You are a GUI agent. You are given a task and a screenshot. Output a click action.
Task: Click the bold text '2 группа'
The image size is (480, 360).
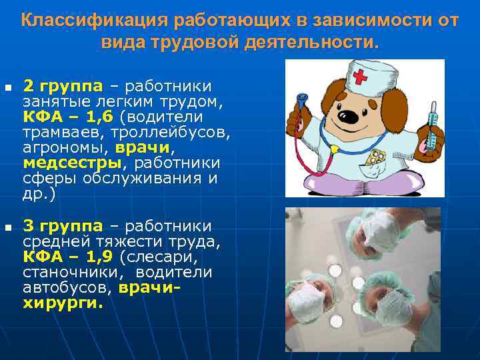click(63, 86)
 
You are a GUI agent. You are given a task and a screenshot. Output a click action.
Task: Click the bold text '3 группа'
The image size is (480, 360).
click(63, 226)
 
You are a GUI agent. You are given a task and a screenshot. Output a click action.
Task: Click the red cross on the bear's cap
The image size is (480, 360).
click(360, 76)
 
